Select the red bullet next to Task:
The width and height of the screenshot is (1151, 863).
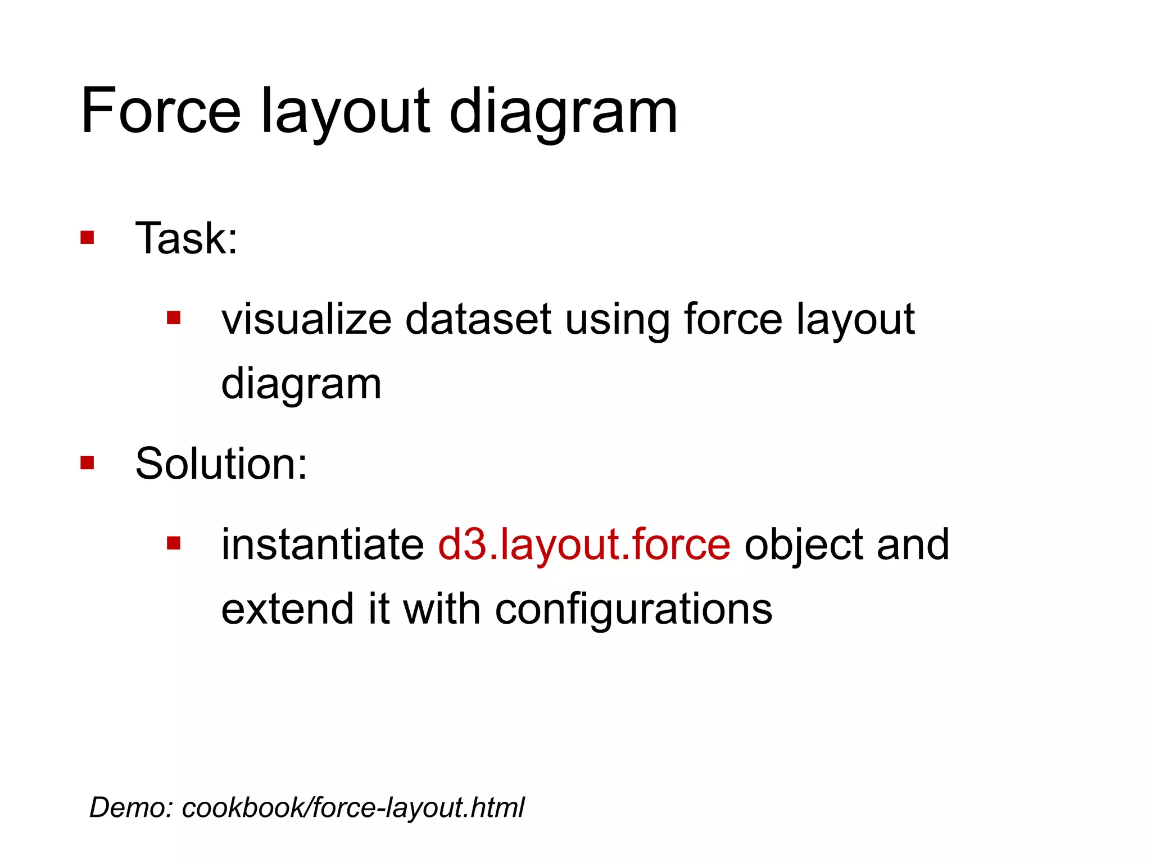(x=87, y=237)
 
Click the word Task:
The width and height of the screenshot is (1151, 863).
(x=187, y=238)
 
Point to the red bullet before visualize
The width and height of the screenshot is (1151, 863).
(x=174, y=319)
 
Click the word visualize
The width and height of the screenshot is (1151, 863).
(x=306, y=319)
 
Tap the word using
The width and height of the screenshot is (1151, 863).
(x=617, y=320)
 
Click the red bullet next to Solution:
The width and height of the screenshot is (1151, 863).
(x=87, y=463)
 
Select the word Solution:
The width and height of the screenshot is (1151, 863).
(x=221, y=464)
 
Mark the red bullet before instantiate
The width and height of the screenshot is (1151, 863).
(x=174, y=543)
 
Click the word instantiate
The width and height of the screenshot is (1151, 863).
(x=323, y=544)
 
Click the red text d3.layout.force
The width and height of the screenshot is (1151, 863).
(x=584, y=544)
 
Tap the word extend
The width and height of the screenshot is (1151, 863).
(x=288, y=609)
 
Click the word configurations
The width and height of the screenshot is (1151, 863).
(x=633, y=610)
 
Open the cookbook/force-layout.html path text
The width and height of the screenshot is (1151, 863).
(x=353, y=807)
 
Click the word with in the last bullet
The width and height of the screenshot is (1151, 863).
(x=442, y=609)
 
